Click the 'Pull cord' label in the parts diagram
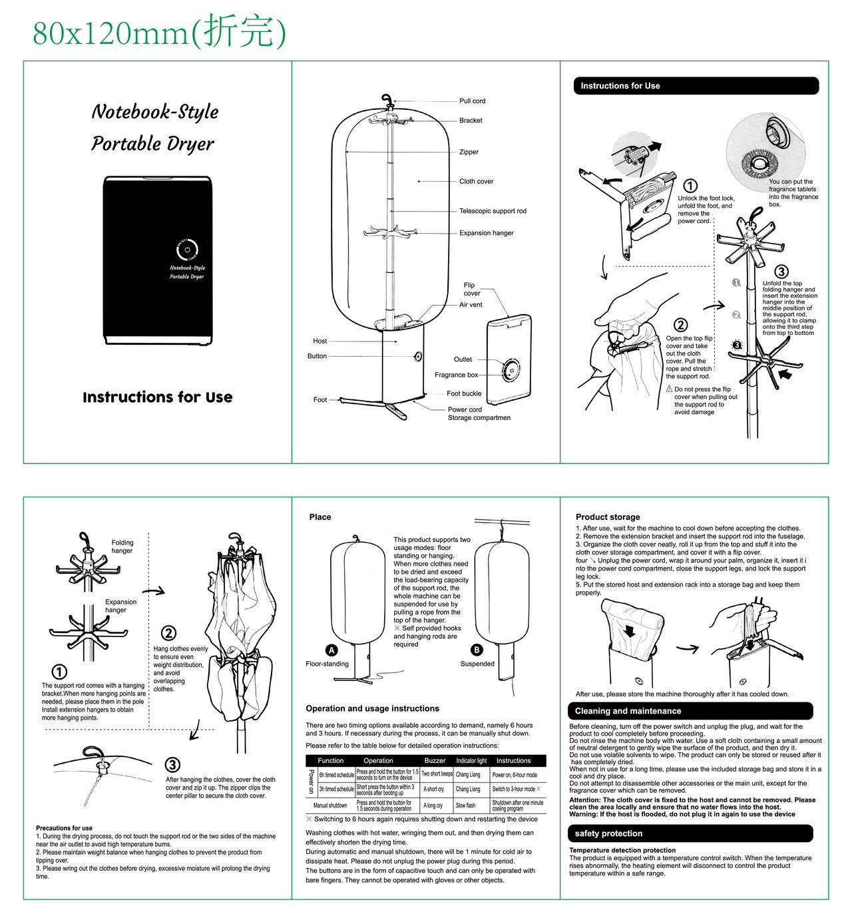(472, 101)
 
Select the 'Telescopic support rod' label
(493, 211)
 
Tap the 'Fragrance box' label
(456, 375)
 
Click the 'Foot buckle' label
(464, 393)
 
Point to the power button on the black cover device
(187, 250)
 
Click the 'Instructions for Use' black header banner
(695, 86)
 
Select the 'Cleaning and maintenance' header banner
(690, 711)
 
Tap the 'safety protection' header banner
(690, 833)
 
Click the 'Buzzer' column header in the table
(435, 760)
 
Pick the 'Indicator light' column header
(471, 760)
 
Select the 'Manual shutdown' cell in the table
(330, 805)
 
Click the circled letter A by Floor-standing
(331, 650)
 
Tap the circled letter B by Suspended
(477, 650)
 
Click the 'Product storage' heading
(608, 517)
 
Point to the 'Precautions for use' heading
(64, 828)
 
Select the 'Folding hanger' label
(122, 547)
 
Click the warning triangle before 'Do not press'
(669, 389)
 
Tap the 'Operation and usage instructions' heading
(372, 708)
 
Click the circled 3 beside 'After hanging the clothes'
(172, 765)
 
